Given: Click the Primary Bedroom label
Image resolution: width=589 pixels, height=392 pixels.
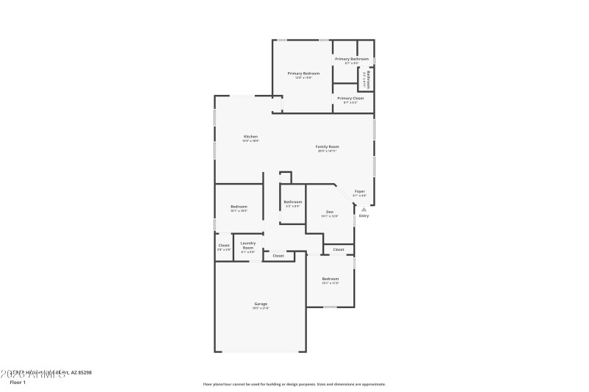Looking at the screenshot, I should (303, 74).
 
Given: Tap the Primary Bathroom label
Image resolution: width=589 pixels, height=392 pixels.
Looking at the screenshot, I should (351, 59).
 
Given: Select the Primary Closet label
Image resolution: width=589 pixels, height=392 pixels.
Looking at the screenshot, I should (350, 98).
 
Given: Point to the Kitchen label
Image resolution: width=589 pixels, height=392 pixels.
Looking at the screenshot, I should (250, 137).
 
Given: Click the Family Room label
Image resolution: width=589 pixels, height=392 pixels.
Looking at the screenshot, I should (328, 147).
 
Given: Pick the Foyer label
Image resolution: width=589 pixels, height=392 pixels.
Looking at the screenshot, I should (359, 191).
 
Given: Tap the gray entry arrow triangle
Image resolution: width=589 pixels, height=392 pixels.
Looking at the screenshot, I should (364, 209).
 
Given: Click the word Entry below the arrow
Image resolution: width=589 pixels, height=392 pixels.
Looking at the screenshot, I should (364, 216).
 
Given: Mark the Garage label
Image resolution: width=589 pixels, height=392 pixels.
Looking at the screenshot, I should (261, 304).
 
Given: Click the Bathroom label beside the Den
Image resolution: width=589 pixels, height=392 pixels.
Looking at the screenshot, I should (292, 202).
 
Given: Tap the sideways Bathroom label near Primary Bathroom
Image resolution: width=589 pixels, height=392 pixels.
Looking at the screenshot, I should (368, 79).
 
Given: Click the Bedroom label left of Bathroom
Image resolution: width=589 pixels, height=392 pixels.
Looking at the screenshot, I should (238, 207).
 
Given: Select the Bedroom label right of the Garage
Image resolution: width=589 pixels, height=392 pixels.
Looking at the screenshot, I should (330, 279).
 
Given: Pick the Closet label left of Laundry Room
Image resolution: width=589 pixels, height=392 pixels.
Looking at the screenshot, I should (224, 245).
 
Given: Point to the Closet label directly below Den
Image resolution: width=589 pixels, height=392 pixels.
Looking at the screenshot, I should (339, 250).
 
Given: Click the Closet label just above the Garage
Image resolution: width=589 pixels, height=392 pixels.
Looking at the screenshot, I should (278, 256).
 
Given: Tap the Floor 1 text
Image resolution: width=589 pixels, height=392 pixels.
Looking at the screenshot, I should (18, 382).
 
